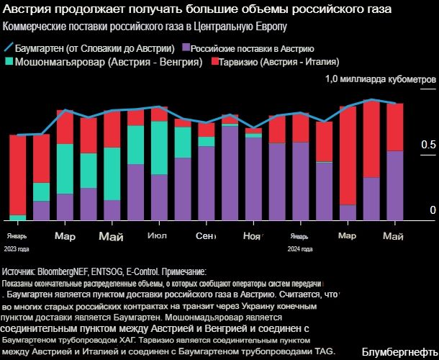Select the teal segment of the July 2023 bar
pos(159,148)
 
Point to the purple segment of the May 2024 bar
pos(394,184)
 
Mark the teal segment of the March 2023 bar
pos(65,168)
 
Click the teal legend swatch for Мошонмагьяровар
pos(9,63)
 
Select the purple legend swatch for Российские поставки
pos(186,48)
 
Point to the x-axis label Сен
pos(205,236)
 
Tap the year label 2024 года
pos(299,249)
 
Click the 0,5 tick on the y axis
pos(427,145)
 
